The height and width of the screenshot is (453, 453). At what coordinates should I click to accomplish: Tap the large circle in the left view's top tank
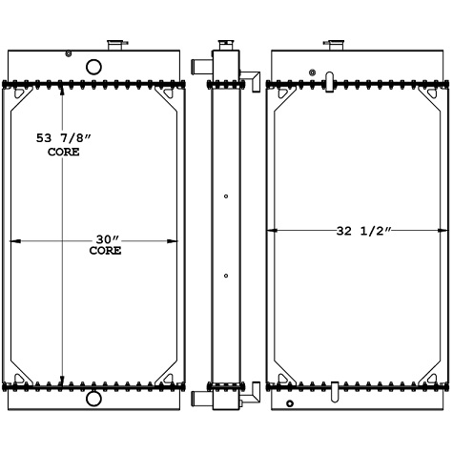tap(93, 68)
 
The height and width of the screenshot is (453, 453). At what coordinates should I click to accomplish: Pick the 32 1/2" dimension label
tap(362, 230)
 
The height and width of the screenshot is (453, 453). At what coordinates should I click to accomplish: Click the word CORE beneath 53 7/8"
tap(63, 152)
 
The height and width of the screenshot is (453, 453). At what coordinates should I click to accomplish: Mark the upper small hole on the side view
tap(225, 196)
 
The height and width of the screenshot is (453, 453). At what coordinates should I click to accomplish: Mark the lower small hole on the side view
tap(225, 277)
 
